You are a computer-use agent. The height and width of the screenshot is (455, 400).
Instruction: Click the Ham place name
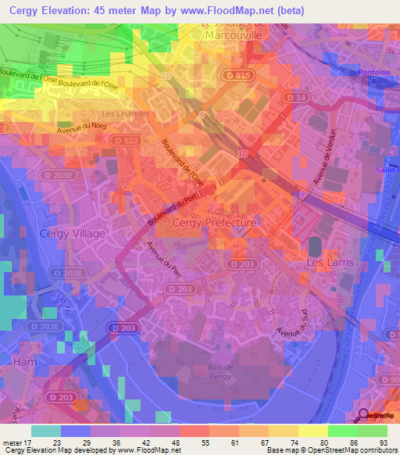tap(24, 362)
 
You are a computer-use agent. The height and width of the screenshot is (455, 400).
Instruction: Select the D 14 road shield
tap(296, 96)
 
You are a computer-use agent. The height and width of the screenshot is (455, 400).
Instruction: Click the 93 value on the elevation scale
tap(384, 442)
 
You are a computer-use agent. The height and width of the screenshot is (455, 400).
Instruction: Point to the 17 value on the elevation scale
tap(31, 442)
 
